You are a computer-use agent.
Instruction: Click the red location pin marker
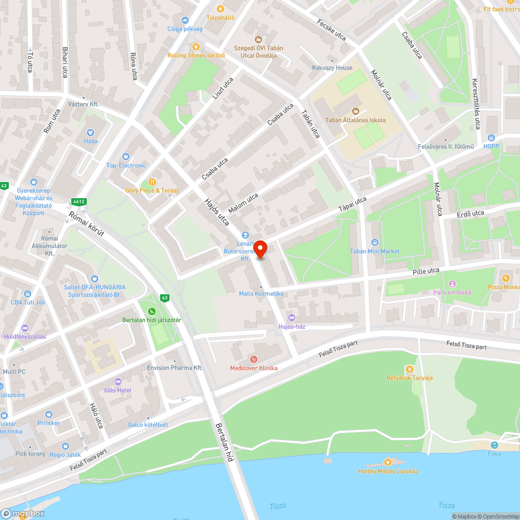259,249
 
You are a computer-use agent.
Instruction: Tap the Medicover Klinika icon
254,358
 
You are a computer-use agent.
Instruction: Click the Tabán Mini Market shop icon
375,242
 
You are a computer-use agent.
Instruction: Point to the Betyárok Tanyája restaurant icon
409,369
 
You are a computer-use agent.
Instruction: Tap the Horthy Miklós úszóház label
388,471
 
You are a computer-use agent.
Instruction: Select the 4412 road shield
79,201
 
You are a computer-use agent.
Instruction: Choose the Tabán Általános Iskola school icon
355,111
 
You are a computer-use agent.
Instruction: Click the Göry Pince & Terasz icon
152,181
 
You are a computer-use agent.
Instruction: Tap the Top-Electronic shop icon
126,157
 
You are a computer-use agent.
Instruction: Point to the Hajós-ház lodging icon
291,318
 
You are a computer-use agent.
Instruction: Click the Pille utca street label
426,271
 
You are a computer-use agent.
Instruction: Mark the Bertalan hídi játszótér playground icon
151,311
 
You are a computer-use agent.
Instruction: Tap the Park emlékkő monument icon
452,283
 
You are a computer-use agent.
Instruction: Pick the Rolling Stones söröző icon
196,46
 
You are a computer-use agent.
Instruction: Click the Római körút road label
87,224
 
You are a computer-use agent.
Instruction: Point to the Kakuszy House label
332,68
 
